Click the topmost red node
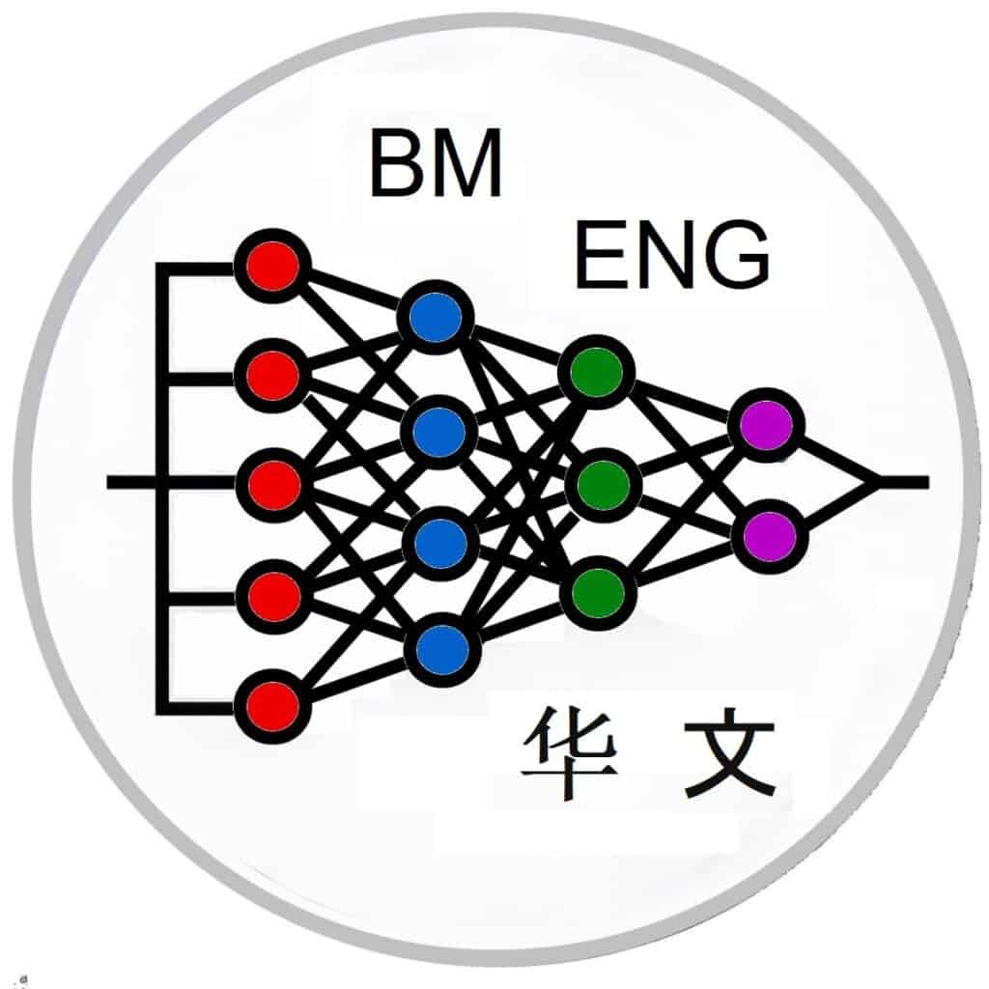pyautogui.click(x=272, y=267)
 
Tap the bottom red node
pyautogui.click(x=272, y=705)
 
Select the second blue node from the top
pyautogui.click(x=439, y=432)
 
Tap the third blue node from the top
pyautogui.click(x=441, y=542)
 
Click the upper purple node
pyautogui.click(x=767, y=424)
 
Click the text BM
pyautogui.click(x=436, y=165)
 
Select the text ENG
pyautogui.click(x=672, y=255)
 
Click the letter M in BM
pyautogui.click(x=466, y=165)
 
